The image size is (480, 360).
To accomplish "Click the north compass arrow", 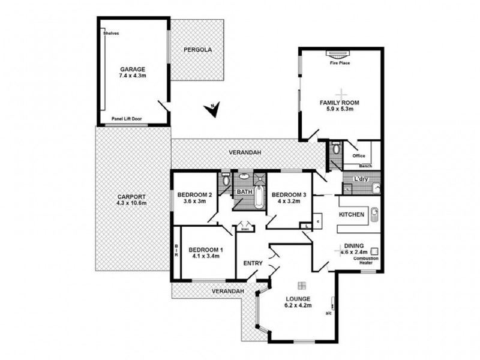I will pos(215,109).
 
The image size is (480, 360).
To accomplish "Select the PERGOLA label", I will pos(197,50).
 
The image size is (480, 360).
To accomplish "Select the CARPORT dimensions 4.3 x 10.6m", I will pos(131,203).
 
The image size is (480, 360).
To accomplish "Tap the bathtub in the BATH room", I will pos(259,197).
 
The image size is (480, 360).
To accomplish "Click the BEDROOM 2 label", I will pos(194,194).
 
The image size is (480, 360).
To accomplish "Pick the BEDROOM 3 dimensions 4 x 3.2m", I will pos(289,202).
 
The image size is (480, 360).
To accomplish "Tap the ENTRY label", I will pos(253,263).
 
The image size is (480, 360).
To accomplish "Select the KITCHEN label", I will pos(352,214).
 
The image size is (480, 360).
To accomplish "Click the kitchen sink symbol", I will pos(374,214).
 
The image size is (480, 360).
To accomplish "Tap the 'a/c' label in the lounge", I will pos(329,313).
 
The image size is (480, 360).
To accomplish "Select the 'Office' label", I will pos(350,155).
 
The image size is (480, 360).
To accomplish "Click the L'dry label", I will pos(361,179).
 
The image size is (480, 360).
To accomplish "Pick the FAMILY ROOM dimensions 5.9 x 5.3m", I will pos(340,109).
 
